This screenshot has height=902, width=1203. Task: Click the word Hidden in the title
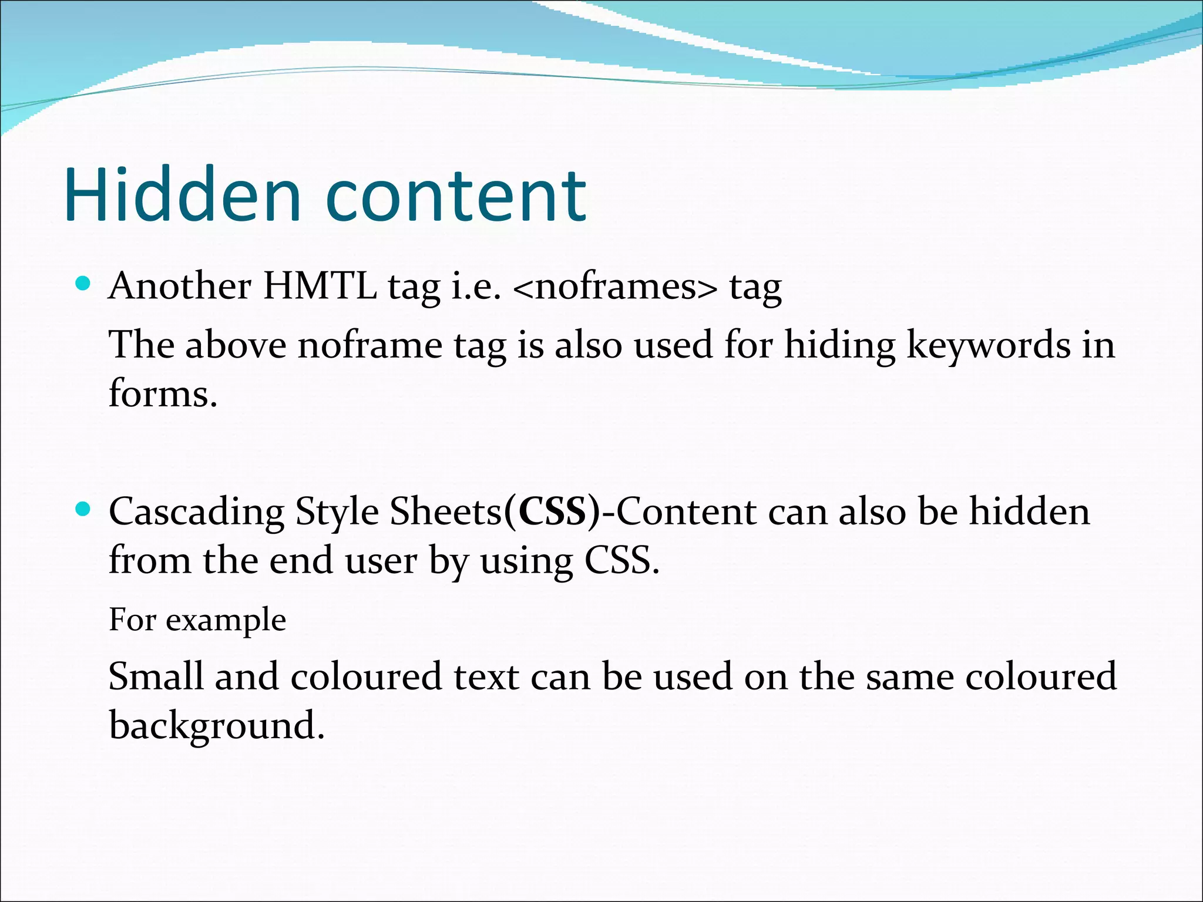182,195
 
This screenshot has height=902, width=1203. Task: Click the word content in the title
455,197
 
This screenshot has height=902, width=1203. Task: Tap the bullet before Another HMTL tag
83,285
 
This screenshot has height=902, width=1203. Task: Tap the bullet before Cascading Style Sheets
83,510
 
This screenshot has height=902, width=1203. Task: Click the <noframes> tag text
615,287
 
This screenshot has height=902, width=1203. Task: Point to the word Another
180,286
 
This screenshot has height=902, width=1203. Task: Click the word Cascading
196,512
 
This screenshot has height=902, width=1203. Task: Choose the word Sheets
445,511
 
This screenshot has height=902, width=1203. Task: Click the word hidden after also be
1029,511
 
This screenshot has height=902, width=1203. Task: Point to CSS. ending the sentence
621,560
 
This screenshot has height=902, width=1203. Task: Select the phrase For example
197,620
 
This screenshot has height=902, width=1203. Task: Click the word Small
156,676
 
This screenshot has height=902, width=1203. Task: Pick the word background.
216,726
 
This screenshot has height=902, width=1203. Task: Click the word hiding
840,345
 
